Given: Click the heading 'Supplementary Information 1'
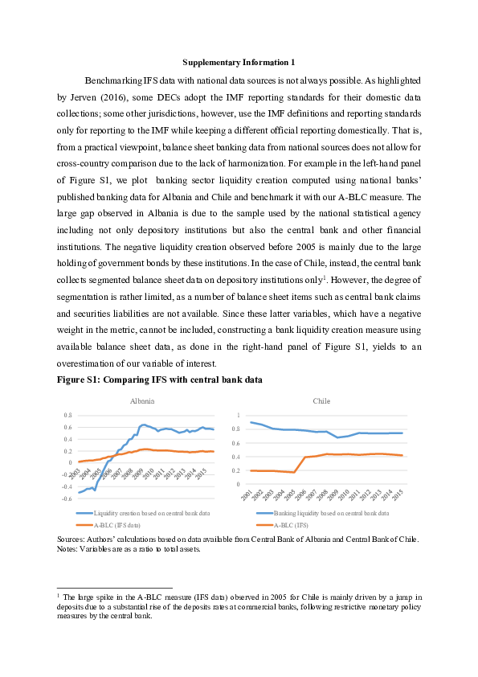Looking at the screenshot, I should click(x=239, y=62).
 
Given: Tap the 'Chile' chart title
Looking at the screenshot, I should click(x=321, y=400).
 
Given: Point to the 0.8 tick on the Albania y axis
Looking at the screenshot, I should click(x=67, y=415).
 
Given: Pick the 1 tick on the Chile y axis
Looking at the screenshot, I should click(x=239, y=415).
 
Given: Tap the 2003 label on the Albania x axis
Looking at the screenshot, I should click(x=81, y=473).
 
